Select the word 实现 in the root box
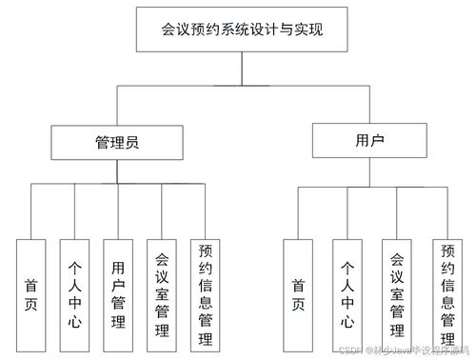[307, 30]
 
